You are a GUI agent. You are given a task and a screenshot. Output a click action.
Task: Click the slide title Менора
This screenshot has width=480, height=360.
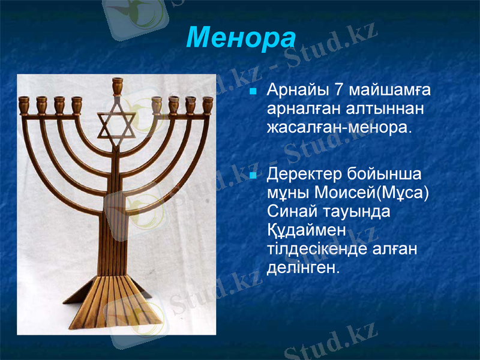click(x=241, y=38)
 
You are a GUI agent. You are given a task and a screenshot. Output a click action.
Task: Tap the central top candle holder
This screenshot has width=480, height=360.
click(x=117, y=85)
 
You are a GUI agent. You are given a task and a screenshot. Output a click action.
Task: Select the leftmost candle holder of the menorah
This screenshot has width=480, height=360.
click(x=24, y=104)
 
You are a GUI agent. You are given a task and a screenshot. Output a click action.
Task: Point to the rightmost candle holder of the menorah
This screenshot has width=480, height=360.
click(x=208, y=104)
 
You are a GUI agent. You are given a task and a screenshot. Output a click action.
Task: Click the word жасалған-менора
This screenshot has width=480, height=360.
click(x=340, y=128)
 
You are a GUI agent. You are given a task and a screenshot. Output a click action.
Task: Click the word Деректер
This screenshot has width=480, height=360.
click(x=305, y=175)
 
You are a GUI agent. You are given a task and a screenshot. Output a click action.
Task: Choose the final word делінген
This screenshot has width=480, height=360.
click(x=303, y=267)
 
